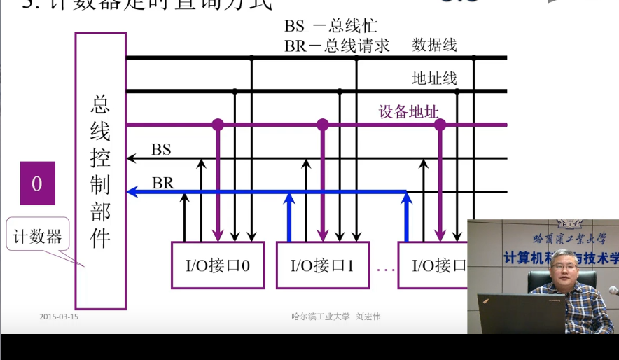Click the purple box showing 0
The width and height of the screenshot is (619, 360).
click(37, 184)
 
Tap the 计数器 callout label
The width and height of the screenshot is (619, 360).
click(37, 236)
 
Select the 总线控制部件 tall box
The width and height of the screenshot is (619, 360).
click(101, 171)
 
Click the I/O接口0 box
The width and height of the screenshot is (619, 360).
click(218, 265)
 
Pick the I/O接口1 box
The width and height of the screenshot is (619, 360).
click(323, 265)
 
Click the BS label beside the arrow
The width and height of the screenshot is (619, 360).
click(161, 149)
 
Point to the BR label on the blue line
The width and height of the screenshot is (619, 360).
click(163, 183)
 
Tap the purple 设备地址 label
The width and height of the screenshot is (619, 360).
click(409, 111)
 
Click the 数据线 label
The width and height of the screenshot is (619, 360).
click(434, 46)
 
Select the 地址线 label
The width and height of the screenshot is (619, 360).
click(434, 78)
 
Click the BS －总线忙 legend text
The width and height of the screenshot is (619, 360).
click(331, 27)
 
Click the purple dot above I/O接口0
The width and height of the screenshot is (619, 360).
click(218, 125)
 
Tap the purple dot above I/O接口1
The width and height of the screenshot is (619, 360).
click(322, 125)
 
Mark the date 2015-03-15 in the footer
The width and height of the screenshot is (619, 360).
click(59, 317)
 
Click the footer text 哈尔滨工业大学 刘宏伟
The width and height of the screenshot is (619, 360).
click(336, 317)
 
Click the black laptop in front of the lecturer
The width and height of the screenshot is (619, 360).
click(521, 313)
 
